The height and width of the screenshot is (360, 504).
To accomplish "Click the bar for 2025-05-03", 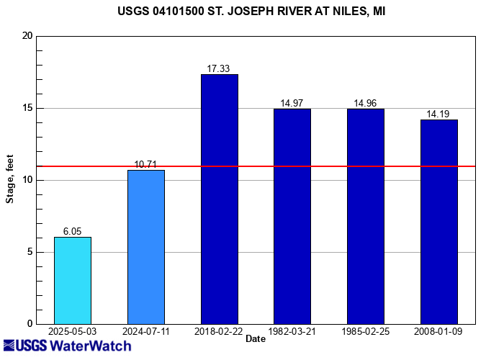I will pyautogui.click(x=73, y=280).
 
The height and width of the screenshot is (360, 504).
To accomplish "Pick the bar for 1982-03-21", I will pyautogui.click(x=292, y=216).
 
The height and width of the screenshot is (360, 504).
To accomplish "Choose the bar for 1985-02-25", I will pyautogui.click(x=366, y=216).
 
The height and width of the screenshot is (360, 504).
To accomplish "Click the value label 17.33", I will pyautogui.click(x=220, y=69).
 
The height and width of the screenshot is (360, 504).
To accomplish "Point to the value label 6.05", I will pyautogui.click(x=73, y=232).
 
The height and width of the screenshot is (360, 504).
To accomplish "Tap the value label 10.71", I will pyautogui.click(x=146, y=165).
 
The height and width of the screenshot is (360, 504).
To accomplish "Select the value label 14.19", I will pyautogui.click(x=439, y=114).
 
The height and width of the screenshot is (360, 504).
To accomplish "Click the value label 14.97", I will pyautogui.click(x=292, y=104).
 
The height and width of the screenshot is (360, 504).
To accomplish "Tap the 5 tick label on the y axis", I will pyautogui.click(x=30, y=252).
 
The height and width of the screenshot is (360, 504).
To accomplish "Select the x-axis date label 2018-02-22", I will pyautogui.click(x=220, y=330).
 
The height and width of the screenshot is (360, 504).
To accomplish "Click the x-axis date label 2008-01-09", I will pyautogui.click(x=439, y=330).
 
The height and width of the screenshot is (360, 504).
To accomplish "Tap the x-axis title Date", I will pyautogui.click(x=255, y=338).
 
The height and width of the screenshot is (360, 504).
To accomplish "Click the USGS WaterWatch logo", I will pyautogui.click(x=67, y=346).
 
